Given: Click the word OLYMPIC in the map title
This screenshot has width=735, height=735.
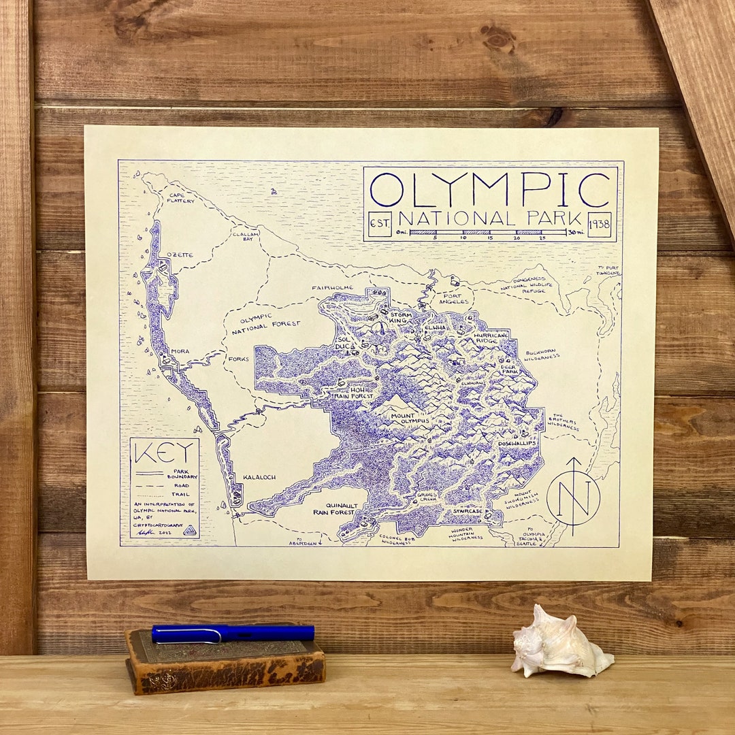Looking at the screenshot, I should pos(490,190).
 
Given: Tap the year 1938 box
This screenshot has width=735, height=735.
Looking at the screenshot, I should pos(599,224).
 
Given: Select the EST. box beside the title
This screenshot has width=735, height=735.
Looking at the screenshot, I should pos(379,224).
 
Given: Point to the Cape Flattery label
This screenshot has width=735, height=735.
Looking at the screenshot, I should pos(181,198).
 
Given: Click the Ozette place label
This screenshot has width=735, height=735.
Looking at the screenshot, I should pos(180,255).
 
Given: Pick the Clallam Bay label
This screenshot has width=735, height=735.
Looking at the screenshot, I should pos(246,235).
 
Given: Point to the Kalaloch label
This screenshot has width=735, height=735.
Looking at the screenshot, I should pos(259,478).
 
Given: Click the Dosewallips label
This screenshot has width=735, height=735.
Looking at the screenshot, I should pos(517,444).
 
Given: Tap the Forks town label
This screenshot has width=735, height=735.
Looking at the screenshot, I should pos(239,359).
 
